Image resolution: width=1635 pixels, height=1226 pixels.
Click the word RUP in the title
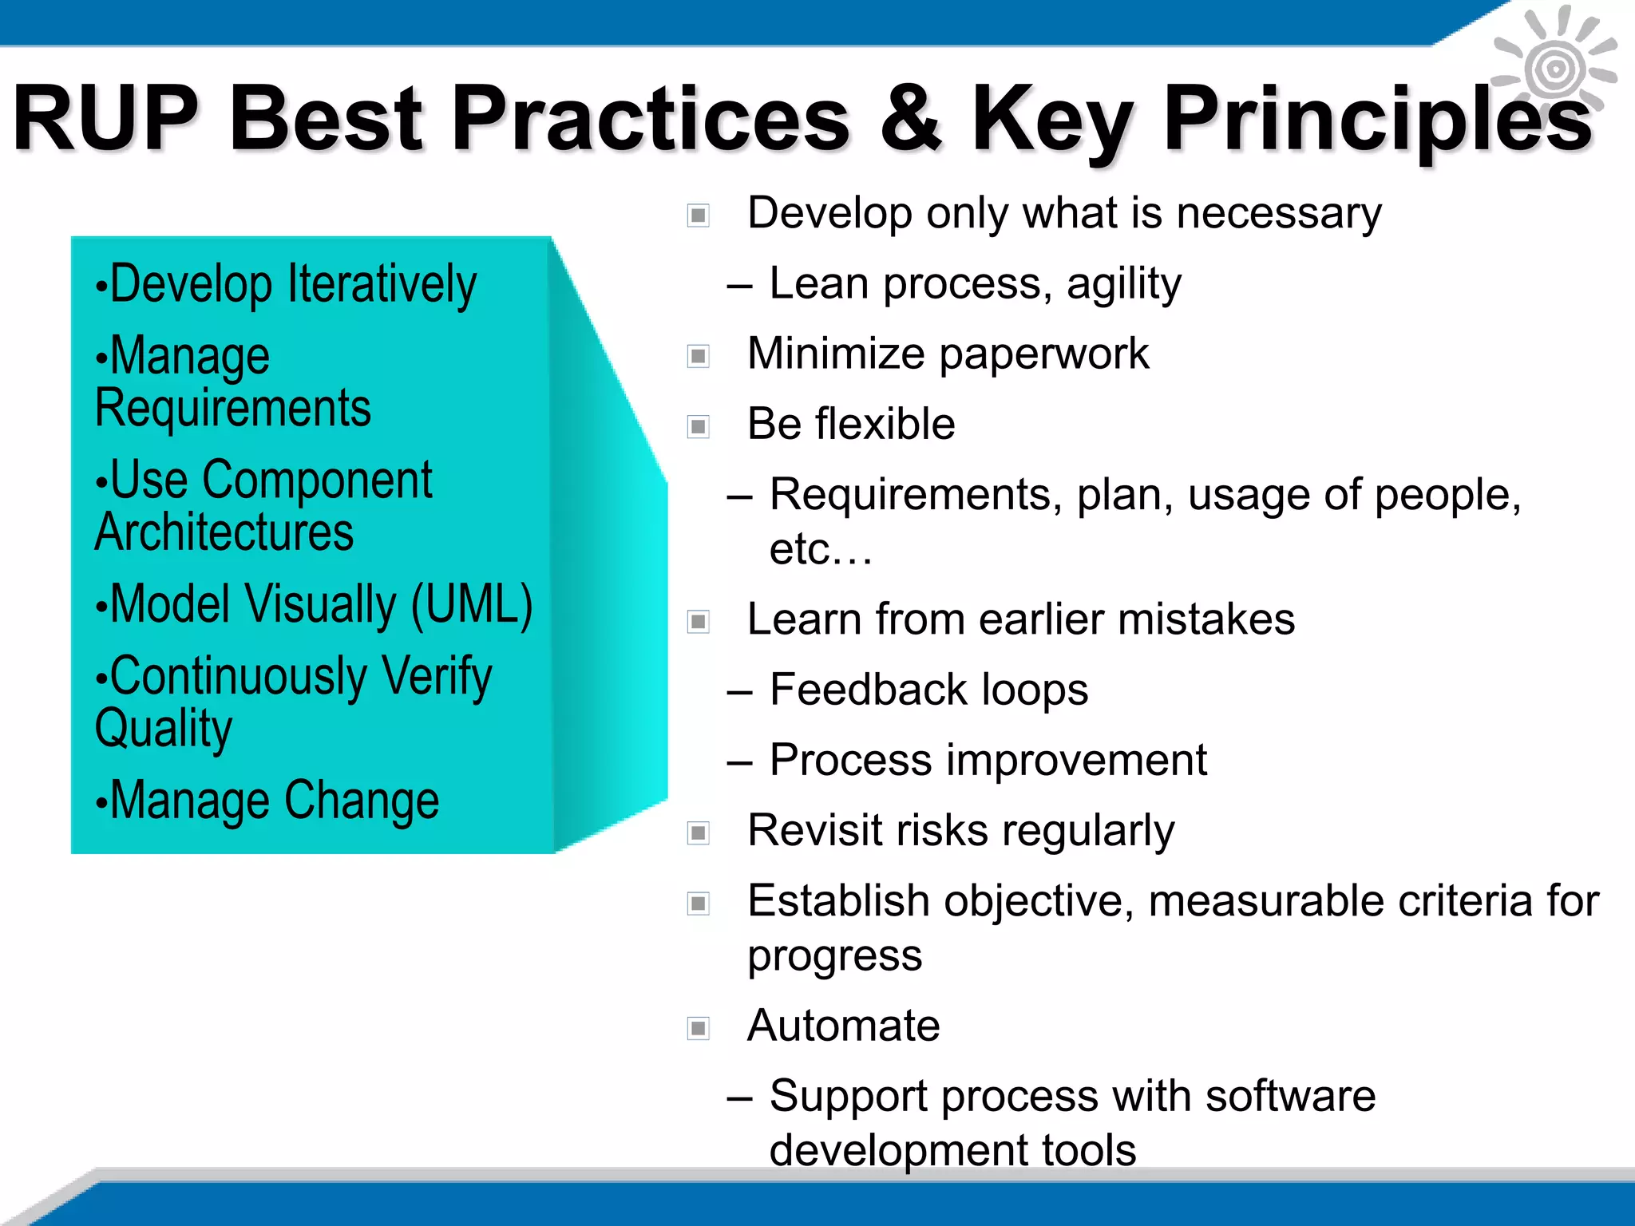[105, 118]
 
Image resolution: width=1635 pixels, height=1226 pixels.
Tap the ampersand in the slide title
[911, 118]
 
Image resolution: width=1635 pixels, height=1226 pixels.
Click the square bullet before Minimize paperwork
[699, 356]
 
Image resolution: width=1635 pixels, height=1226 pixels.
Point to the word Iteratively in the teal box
[382, 284]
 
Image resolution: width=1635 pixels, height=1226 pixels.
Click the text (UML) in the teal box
[472, 603]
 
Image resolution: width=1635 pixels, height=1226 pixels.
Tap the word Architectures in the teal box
[224, 533]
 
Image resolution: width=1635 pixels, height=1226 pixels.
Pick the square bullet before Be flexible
[699, 426]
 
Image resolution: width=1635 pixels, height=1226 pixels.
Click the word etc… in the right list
[821, 549]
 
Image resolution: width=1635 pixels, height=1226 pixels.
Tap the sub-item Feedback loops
[928, 690]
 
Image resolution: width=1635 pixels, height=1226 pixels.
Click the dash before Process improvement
[739, 761]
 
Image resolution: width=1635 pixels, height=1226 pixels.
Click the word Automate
[843, 1026]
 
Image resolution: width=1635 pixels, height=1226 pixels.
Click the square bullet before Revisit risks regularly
[699, 833]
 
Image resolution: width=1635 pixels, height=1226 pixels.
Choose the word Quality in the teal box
[164, 728]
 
